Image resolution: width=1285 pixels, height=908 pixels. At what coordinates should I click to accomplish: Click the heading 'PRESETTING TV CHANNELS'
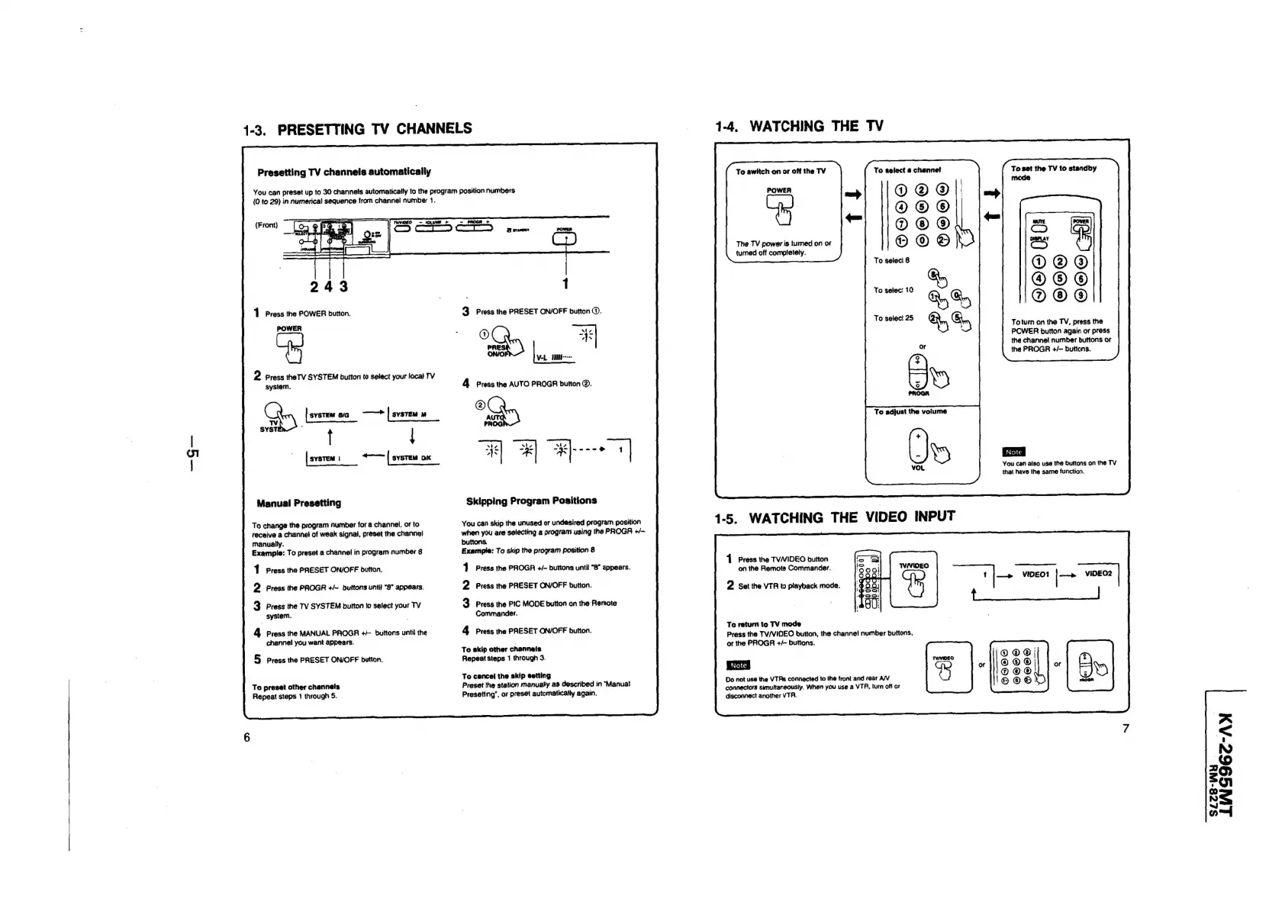click(374, 128)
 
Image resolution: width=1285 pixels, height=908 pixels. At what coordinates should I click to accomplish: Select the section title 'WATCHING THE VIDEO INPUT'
click(852, 517)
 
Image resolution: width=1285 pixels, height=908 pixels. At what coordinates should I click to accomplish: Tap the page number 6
click(246, 737)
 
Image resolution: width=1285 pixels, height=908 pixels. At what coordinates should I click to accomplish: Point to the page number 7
click(1126, 728)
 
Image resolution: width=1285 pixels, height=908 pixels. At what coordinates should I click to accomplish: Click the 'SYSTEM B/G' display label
click(330, 415)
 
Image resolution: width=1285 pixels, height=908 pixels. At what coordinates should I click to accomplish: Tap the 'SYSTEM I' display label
click(324, 459)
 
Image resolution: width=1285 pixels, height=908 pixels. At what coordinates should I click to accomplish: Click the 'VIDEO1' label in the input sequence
click(1035, 574)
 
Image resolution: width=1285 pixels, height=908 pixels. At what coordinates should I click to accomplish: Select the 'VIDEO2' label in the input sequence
click(1098, 574)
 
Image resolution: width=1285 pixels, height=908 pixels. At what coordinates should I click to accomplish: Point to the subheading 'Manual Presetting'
click(299, 503)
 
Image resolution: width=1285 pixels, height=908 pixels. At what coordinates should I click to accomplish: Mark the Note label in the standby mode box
click(1014, 452)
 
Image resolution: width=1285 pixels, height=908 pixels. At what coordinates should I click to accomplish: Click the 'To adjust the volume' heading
click(910, 411)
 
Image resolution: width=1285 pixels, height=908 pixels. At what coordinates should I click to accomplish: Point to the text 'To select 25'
click(894, 318)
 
